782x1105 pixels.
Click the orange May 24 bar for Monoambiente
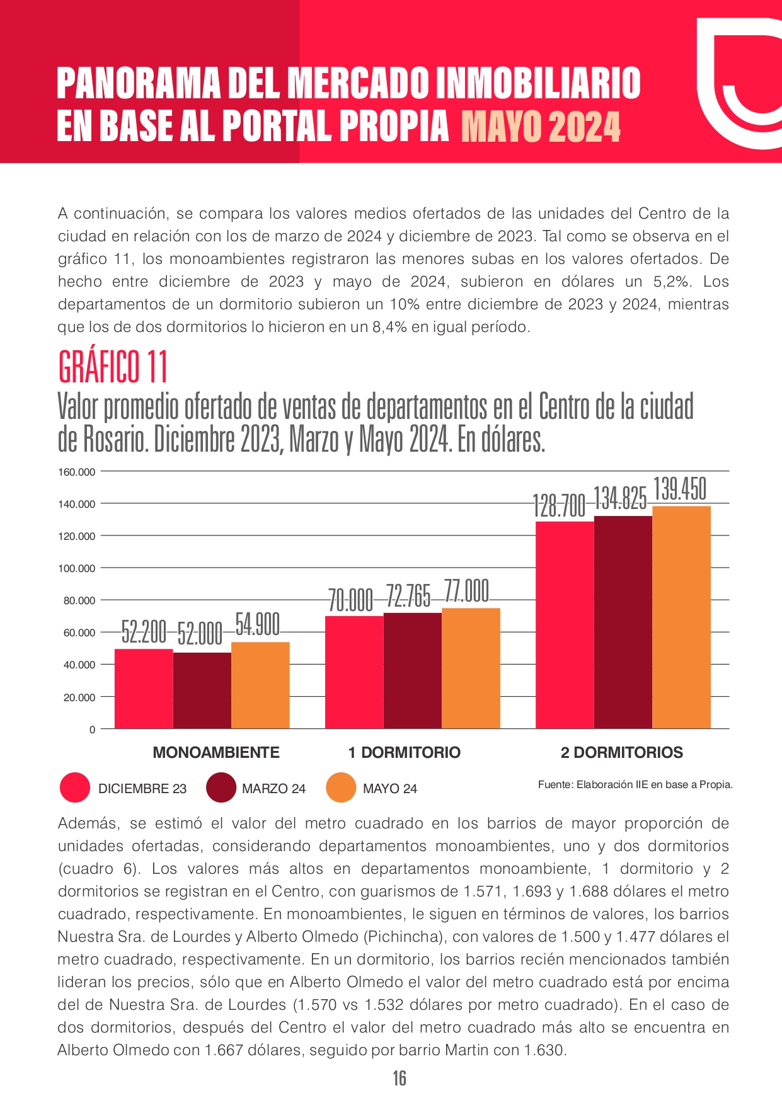(260, 685)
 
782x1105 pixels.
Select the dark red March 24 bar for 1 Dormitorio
(413, 671)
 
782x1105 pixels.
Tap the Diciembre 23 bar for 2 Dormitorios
(565, 625)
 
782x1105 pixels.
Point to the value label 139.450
(680, 490)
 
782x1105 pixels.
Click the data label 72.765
(408, 596)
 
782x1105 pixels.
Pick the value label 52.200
(144, 632)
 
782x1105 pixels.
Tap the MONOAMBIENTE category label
(216, 752)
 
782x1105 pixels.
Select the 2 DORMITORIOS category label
(622, 752)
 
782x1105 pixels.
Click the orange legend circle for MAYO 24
(342, 788)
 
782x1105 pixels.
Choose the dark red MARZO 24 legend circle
(221, 788)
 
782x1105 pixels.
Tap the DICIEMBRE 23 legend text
(142, 789)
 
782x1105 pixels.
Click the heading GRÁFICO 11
(113, 367)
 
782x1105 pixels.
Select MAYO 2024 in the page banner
(541, 127)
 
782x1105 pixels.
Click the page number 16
(400, 1079)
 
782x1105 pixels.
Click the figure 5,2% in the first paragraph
(674, 282)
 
